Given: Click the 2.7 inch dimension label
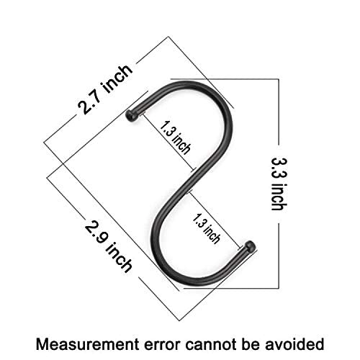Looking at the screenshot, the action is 104,89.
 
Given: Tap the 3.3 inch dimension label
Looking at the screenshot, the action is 279,184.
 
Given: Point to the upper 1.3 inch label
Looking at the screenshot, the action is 175,138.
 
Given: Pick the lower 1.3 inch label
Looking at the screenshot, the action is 206,228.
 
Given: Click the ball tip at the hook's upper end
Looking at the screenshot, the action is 131,116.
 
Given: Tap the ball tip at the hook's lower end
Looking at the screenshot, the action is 250,247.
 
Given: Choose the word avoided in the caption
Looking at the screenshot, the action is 294,344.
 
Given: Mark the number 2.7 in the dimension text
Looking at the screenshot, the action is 90,103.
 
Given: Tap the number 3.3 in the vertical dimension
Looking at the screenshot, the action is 279,168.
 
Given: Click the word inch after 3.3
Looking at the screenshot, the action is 279,197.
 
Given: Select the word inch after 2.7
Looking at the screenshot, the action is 117,78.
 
